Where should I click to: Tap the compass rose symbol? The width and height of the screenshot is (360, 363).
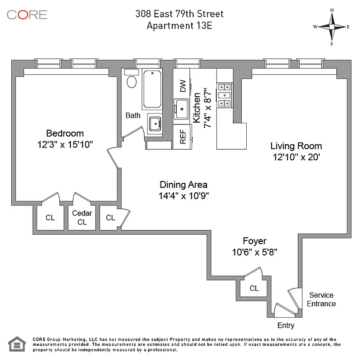tap(331, 27)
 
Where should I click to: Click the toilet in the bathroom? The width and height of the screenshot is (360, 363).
tap(132, 81)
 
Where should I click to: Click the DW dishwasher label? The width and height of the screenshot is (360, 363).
tap(183, 86)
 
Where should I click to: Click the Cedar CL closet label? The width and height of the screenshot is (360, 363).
tap(82, 217)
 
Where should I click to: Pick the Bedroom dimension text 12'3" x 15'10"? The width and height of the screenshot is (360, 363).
tap(65, 144)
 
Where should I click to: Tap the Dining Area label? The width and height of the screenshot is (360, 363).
tap(184, 185)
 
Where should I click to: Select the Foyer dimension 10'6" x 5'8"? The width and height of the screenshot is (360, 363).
tap(254, 252)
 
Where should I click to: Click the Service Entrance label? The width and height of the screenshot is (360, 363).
tap(321, 299)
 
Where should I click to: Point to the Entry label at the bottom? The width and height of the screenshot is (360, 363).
tap(286, 325)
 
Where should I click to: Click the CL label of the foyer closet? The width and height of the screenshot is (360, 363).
tap(254, 288)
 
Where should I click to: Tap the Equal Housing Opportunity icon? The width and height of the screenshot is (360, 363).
tap(16, 344)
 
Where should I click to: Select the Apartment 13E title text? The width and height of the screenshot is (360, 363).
tap(179, 25)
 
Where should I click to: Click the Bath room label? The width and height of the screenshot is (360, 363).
tap(133, 115)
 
